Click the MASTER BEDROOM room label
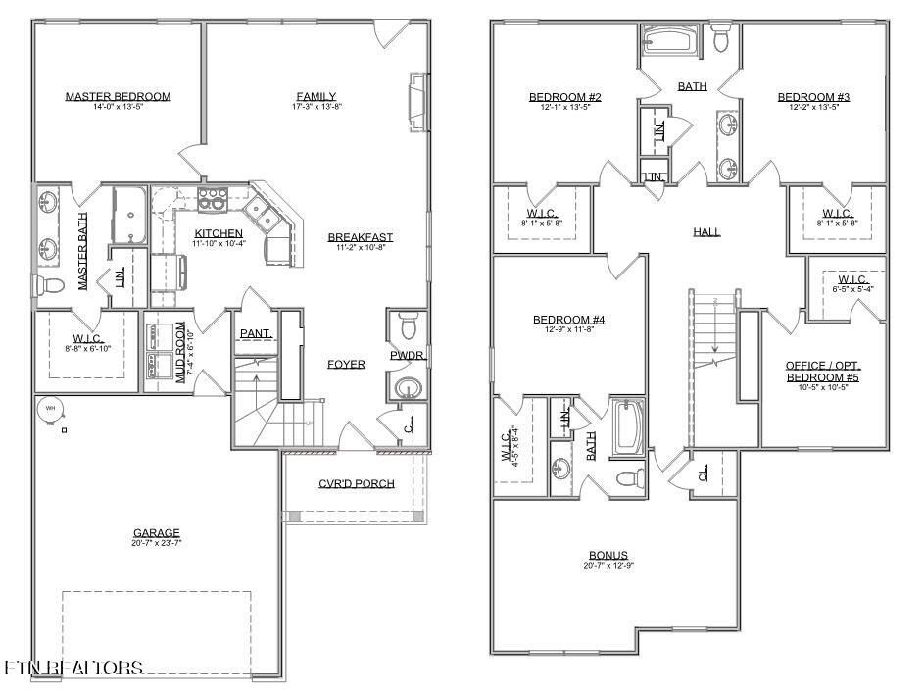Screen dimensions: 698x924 tap(118, 96)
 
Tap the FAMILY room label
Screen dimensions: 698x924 tap(316, 95)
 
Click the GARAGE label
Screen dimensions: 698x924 tap(157, 532)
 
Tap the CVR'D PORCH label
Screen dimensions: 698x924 tap(356, 483)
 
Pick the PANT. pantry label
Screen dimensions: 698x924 tap(256, 334)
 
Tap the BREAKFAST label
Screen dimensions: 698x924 tap(360, 237)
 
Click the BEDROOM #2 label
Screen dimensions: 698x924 tap(564, 96)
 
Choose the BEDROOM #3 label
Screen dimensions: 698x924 tap(813, 96)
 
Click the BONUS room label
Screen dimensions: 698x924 tap(608, 555)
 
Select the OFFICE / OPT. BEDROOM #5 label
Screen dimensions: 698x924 tap(823, 372)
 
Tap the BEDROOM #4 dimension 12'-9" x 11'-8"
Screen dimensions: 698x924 tap(568, 330)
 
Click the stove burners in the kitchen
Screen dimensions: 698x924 tap(212, 200)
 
